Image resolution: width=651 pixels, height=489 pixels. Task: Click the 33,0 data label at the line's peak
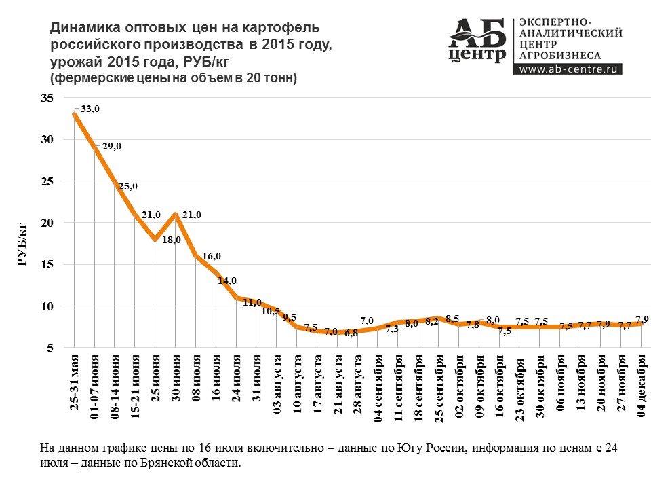tap(90, 109)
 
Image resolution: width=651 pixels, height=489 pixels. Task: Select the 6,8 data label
tap(351, 333)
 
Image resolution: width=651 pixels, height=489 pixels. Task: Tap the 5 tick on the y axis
tap(50, 348)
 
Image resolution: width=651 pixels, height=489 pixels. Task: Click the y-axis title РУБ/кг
tap(22, 247)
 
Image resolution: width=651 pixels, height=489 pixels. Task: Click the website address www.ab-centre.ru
tap(566, 69)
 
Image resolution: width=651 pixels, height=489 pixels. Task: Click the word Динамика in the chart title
tap(80, 28)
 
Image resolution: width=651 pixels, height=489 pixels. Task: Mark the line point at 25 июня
tap(155, 239)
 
